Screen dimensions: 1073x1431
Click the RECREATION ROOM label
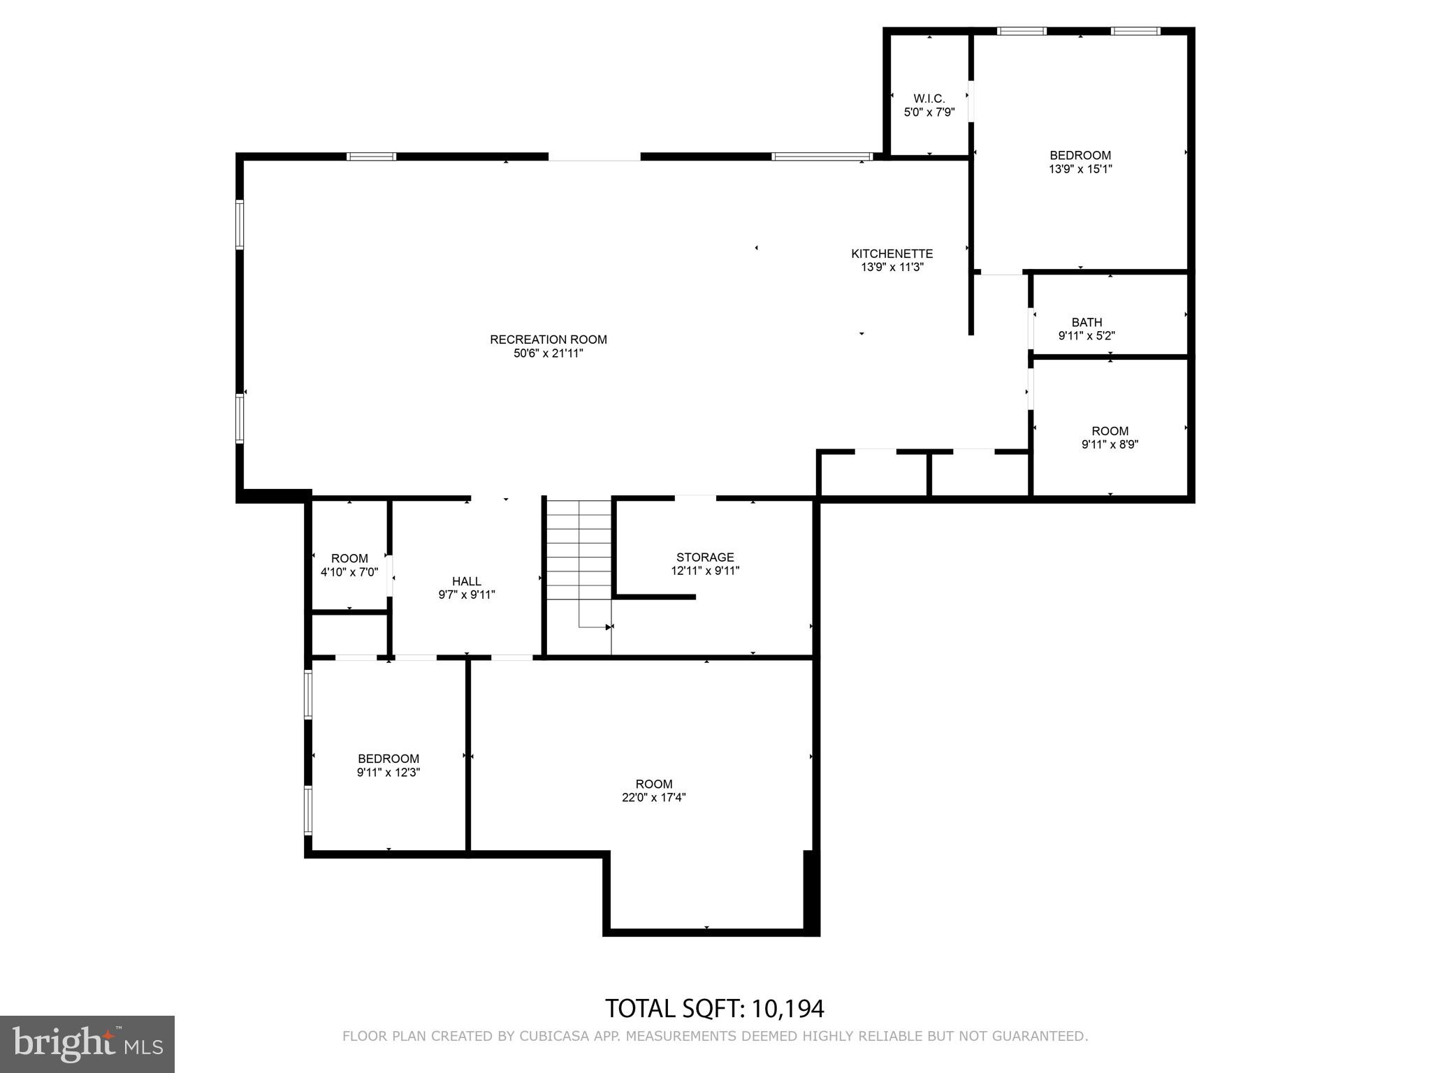[x=548, y=340]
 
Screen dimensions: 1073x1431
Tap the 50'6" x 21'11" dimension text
[x=548, y=353]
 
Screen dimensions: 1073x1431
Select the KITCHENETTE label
[x=892, y=254]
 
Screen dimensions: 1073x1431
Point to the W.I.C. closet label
[x=929, y=98]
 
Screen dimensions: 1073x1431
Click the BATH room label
[x=1087, y=322]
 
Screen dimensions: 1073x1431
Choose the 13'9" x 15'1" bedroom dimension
[x=1080, y=169]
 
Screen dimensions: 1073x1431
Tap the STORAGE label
[x=704, y=557]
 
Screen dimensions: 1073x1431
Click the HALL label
[x=466, y=581]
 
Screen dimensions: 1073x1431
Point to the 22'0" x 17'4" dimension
[x=653, y=798]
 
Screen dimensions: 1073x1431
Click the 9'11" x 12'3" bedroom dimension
[x=388, y=773]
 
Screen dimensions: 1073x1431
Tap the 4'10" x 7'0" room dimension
[x=349, y=572]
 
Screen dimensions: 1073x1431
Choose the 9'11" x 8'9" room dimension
[x=1110, y=444]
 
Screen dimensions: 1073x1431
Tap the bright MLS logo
[x=87, y=1044]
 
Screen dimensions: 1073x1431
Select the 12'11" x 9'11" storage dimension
[x=704, y=571]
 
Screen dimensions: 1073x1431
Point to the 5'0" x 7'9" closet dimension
[x=929, y=112]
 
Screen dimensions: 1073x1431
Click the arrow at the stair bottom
[x=608, y=627]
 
